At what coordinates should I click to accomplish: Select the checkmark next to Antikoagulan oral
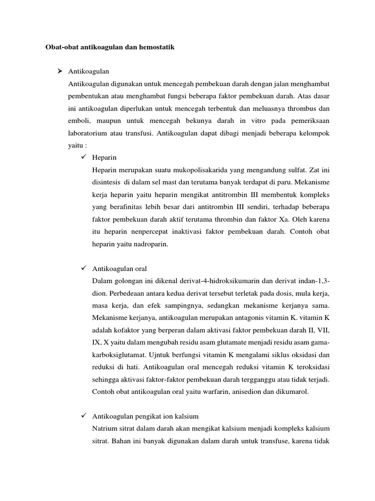82,269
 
